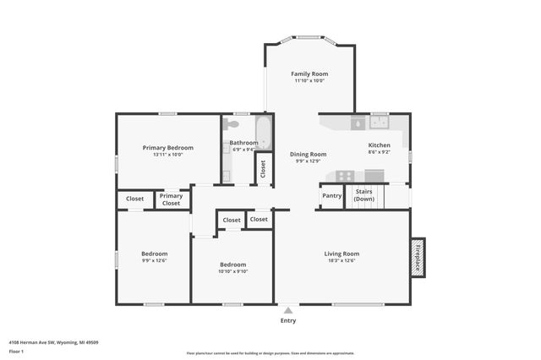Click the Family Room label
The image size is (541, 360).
(x=309, y=74)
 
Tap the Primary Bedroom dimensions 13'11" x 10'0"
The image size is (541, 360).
(x=167, y=155)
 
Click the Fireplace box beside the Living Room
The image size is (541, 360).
(x=418, y=258)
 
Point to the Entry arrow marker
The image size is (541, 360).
(x=288, y=310)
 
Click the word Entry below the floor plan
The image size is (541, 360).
(x=288, y=320)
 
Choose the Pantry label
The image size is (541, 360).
(x=332, y=196)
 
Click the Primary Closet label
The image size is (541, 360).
(x=171, y=199)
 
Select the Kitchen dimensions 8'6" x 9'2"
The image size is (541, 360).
(x=380, y=153)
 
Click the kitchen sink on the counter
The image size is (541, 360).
(x=378, y=123)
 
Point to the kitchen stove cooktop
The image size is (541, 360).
(x=345, y=176)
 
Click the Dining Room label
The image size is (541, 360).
(x=309, y=154)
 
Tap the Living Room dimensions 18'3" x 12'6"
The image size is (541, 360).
(x=342, y=260)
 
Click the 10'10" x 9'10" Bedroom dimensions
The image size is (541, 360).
(x=232, y=271)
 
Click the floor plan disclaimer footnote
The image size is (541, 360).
(x=281, y=353)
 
